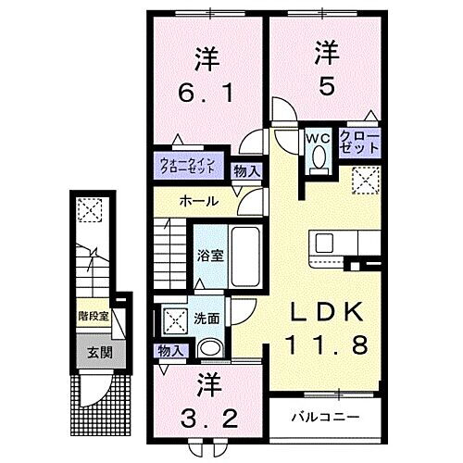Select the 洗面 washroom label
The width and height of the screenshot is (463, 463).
(x=205, y=319)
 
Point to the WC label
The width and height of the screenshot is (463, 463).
(x=318, y=139)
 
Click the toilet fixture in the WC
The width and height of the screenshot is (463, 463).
(x=319, y=159)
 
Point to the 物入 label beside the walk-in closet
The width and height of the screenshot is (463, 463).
(x=245, y=170)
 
